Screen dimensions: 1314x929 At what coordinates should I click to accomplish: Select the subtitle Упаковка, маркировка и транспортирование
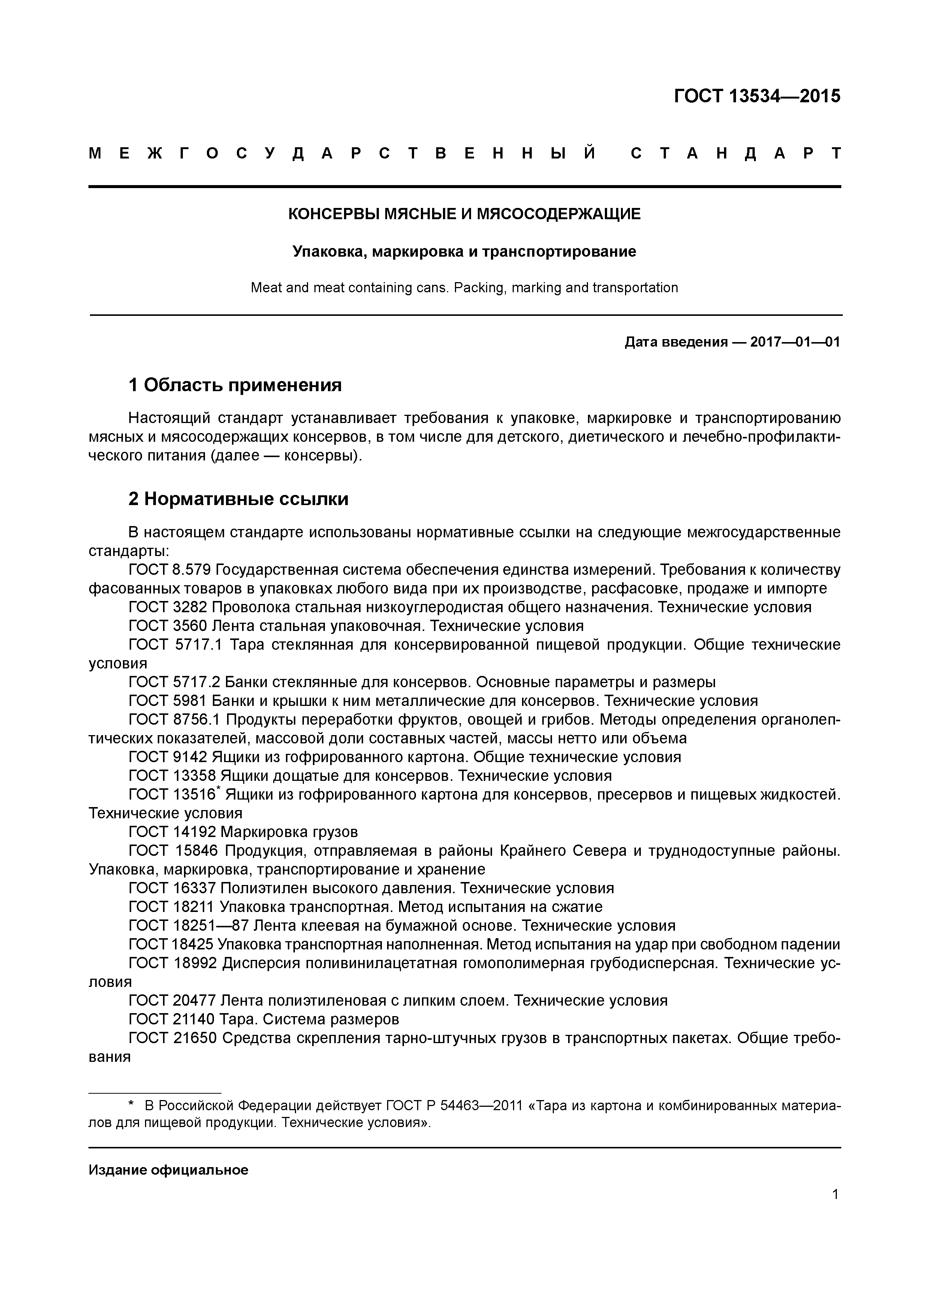[464, 252]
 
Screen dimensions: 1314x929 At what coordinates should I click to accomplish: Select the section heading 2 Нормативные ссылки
[238, 499]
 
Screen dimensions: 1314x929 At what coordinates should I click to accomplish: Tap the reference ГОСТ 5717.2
[175, 682]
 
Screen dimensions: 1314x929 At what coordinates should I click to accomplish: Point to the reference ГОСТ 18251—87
[188, 925]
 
